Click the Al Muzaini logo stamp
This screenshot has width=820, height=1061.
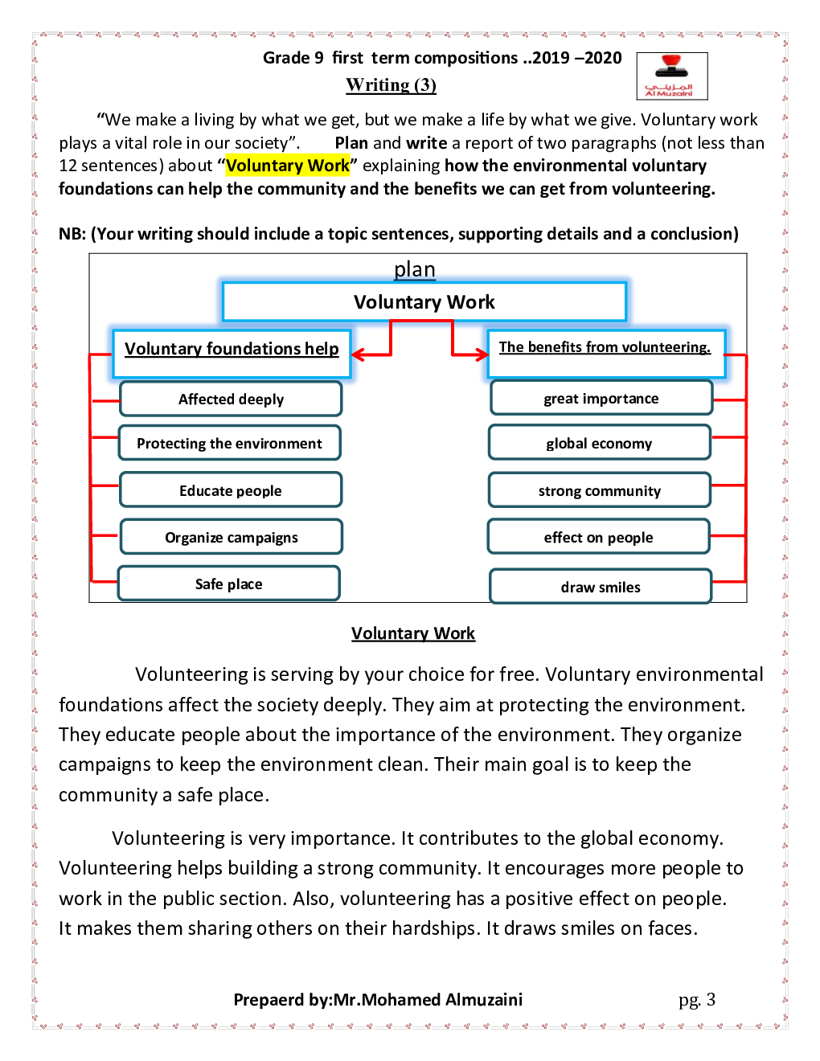point(671,76)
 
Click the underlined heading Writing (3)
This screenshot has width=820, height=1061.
point(391,85)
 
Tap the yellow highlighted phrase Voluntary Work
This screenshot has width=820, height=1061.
point(288,166)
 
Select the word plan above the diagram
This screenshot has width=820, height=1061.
point(414,269)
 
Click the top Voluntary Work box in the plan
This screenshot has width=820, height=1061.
point(424,302)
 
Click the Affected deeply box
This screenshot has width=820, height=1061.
point(231,399)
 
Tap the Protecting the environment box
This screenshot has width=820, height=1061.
point(229,443)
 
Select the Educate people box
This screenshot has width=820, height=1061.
point(231,490)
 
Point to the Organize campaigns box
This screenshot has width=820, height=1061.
point(232,537)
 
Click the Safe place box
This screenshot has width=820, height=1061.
point(228,584)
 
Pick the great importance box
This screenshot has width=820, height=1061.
point(601,398)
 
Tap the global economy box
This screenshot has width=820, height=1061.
point(599,443)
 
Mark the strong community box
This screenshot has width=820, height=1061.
point(599,490)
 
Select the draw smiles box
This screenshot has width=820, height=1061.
point(601,587)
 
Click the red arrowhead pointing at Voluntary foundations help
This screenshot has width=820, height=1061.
point(359,354)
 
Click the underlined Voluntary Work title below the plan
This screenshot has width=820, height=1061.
point(413,633)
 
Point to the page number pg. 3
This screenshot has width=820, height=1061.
point(696,1000)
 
